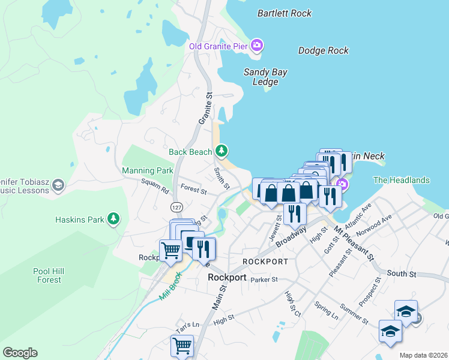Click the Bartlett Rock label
point(285,13)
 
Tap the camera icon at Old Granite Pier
point(257,45)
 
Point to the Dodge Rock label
point(324,51)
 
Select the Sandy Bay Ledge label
point(265,77)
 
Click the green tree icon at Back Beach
point(222,149)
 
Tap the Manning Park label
point(147,171)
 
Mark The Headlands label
point(402,180)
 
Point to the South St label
point(401,274)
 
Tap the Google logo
point(20,353)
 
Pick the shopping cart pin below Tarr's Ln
point(182,345)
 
